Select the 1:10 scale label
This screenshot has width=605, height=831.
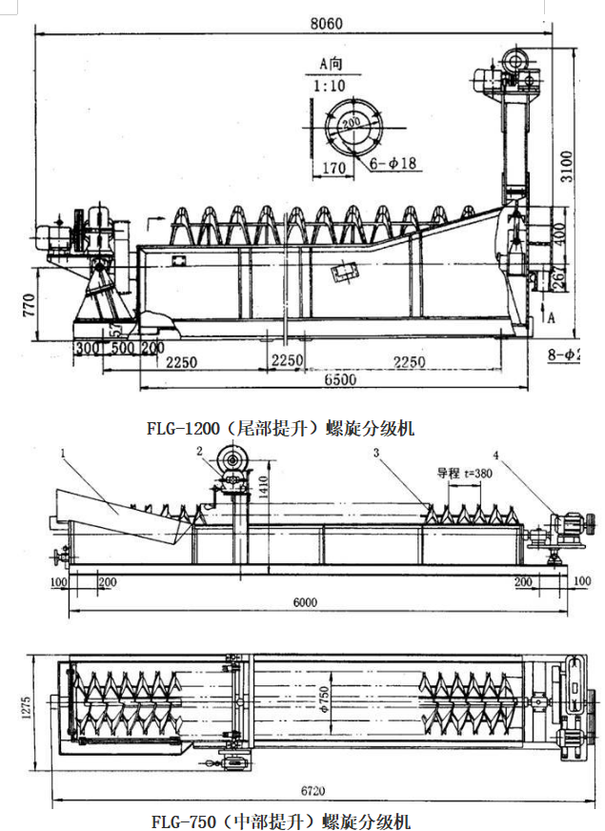click(x=329, y=86)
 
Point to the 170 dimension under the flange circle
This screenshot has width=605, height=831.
click(x=333, y=169)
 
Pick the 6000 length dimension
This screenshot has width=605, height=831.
click(x=304, y=602)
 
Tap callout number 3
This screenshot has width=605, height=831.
click(x=377, y=456)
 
